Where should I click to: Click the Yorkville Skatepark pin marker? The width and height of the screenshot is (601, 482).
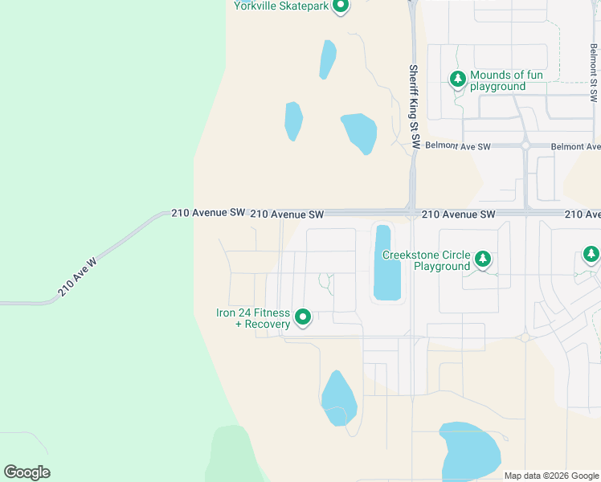[340, 6]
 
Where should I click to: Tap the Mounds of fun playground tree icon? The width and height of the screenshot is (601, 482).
[457, 80]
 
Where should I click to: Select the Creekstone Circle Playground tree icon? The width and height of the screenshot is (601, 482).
[482, 259]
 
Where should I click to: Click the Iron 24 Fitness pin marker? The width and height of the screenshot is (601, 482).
[303, 318]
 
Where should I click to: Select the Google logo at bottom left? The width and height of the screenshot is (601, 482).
[27, 472]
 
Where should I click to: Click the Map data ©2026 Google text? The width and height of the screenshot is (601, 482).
[551, 476]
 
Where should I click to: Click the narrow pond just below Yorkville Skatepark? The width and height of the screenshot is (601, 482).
[328, 59]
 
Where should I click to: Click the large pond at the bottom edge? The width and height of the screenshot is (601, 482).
[470, 448]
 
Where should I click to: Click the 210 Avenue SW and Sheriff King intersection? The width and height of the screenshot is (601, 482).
[411, 214]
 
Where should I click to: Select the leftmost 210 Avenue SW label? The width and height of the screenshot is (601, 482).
[208, 213]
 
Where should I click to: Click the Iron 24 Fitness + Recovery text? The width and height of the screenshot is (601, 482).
[252, 319]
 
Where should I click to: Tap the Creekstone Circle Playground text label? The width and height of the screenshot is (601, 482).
[426, 260]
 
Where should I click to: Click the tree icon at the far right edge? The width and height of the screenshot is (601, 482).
[591, 255]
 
